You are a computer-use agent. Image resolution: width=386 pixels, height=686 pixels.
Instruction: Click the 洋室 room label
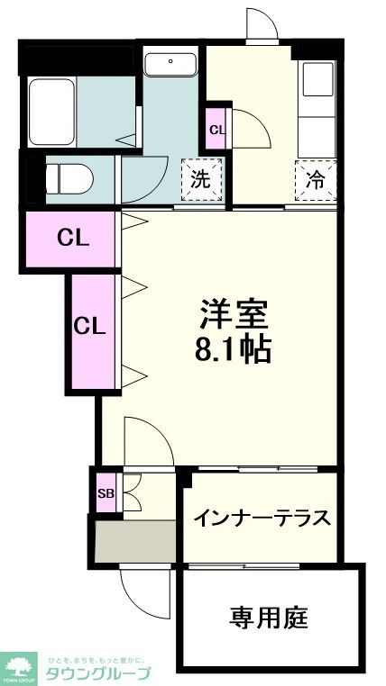click(x=234, y=316)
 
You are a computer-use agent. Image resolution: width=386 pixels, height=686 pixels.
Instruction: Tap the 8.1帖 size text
click(x=234, y=348)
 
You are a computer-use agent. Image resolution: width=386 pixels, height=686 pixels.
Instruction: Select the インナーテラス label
click(x=262, y=519)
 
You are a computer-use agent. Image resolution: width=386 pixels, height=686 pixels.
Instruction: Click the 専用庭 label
click(x=269, y=618)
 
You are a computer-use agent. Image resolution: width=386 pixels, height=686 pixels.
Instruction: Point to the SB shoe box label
click(x=106, y=493)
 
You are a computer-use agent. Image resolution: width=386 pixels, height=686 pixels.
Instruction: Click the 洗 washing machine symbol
click(x=201, y=178)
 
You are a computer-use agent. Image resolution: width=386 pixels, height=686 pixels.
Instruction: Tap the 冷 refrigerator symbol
click(x=315, y=179)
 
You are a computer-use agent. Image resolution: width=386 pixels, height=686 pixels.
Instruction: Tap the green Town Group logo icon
click(x=19, y=667)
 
